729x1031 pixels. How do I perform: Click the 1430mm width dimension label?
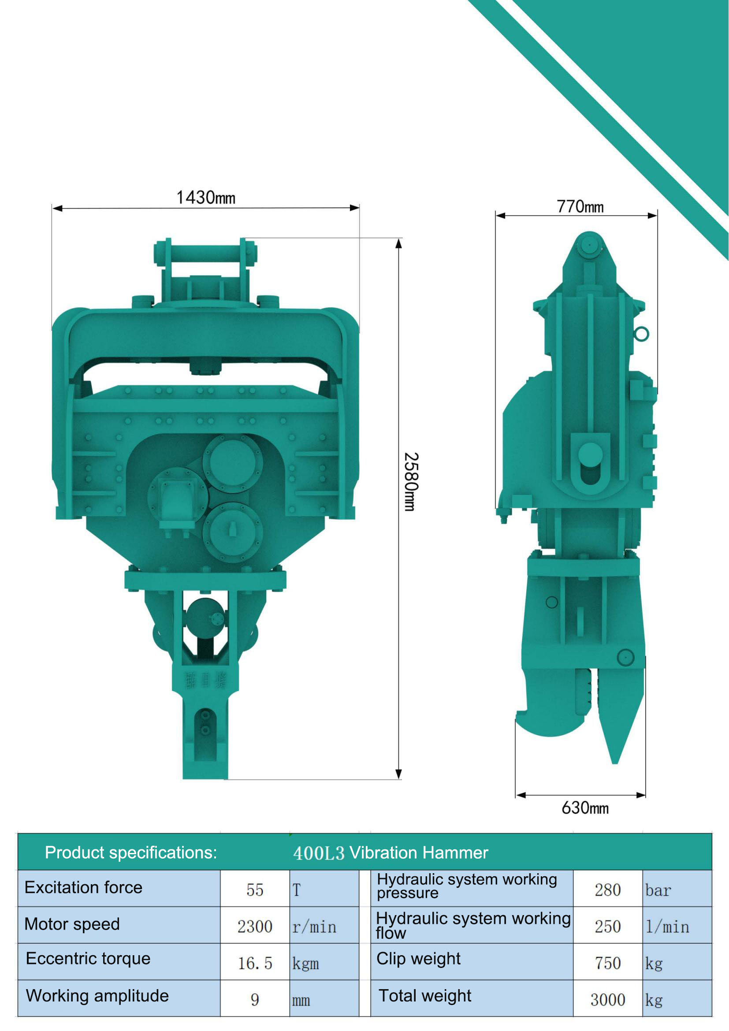pyautogui.click(x=205, y=197)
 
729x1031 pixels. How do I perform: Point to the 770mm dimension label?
pyautogui.click(x=580, y=207)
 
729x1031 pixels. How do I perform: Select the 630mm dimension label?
pyautogui.click(x=585, y=808)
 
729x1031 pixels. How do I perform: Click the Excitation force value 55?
pyautogui.click(x=254, y=890)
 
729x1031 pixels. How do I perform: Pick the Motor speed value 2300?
pyautogui.click(x=254, y=927)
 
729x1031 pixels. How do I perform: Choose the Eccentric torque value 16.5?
pyautogui.click(x=254, y=964)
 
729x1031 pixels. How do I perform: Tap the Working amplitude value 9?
pyautogui.click(x=254, y=1000)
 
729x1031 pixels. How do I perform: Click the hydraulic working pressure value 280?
pyautogui.click(x=607, y=890)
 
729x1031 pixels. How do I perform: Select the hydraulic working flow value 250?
pyautogui.click(x=607, y=927)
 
